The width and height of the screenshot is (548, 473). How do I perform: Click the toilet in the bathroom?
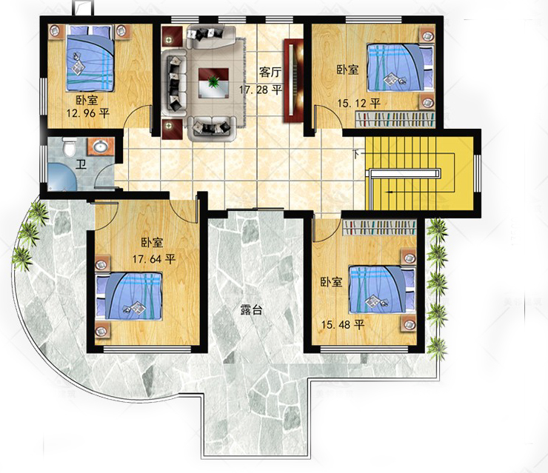click(69, 147)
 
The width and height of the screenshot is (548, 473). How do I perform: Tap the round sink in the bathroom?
click(100, 147)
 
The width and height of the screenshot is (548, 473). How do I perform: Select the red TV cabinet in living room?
click(293, 81)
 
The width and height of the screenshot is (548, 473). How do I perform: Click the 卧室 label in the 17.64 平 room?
click(153, 243)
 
